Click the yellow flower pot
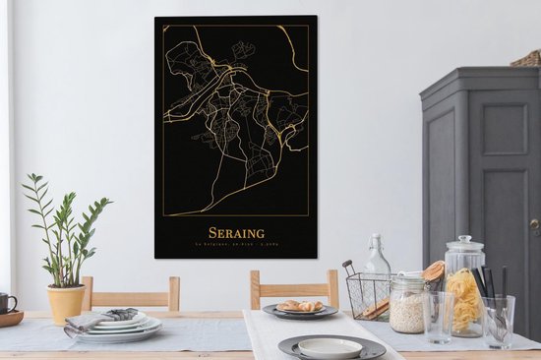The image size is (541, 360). click(x=66, y=304)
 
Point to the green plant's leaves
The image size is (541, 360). click(x=64, y=231)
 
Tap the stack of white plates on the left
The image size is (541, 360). click(x=123, y=327)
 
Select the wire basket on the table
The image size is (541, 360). click(x=366, y=295)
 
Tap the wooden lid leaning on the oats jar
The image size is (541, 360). click(x=433, y=272)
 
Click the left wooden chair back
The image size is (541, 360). click(x=131, y=292)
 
